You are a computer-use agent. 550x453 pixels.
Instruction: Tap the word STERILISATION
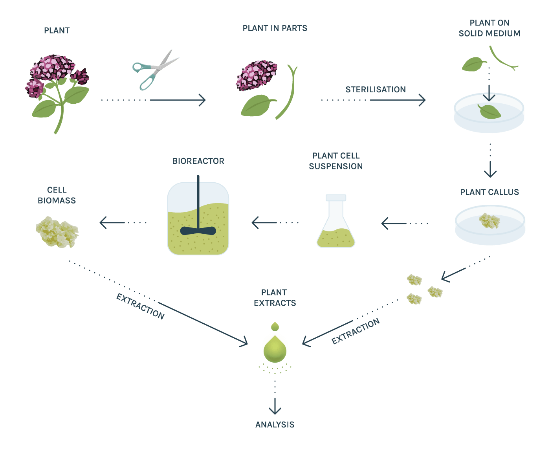[376, 90]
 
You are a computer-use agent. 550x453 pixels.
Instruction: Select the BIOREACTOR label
[198, 161]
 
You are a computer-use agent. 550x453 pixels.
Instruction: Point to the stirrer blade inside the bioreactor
[198, 231]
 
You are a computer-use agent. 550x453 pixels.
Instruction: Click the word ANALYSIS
[275, 425]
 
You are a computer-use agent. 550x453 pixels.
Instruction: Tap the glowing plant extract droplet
[275, 348]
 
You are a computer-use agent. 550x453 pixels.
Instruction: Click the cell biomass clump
[57, 232]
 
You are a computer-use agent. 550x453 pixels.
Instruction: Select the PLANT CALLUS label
[489, 192]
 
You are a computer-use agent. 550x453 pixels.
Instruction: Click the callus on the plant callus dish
[489, 220]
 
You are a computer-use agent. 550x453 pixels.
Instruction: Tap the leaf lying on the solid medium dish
[489, 111]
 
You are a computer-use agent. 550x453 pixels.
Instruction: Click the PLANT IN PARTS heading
[275, 28]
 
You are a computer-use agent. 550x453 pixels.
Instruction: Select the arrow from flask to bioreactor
[267, 223]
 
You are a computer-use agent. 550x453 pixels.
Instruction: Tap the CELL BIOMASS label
[57, 195]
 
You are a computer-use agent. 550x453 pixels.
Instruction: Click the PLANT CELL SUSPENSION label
[336, 161]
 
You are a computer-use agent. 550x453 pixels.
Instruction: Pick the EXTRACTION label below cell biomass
[140, 307]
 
